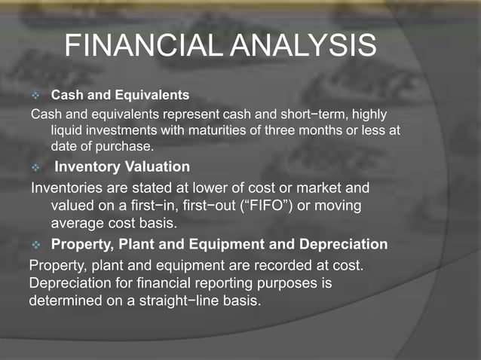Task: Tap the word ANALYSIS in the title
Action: [310, 47]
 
